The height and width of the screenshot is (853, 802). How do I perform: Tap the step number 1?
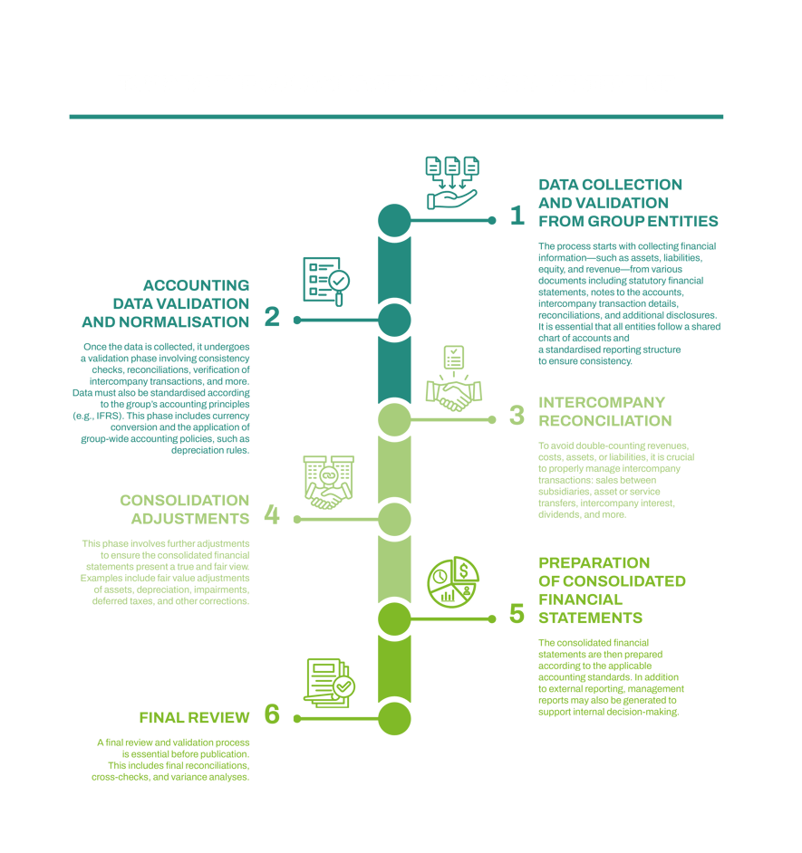(517, 216)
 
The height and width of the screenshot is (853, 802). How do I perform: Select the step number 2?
(271, 318)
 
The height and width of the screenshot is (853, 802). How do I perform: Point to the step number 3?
(517, 416)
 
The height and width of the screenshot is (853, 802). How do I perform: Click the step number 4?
(271, 515)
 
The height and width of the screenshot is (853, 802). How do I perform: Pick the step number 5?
(517, 614)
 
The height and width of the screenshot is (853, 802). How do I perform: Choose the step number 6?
(271, 714)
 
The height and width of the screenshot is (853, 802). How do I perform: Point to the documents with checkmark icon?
(328, 682)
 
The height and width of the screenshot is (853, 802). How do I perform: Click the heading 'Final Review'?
(194, 718)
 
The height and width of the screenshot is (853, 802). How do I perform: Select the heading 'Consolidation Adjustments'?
(184, 509)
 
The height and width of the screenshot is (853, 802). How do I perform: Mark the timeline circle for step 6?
(394, 718)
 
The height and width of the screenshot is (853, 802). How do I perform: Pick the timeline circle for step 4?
(394, 519)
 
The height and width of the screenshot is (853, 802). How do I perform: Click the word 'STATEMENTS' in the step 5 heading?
(590, 618)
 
